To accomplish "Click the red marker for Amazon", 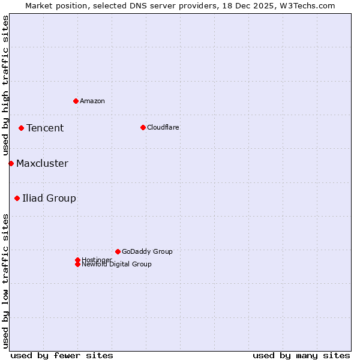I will [76, 101].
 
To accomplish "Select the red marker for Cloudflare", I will [143, 127].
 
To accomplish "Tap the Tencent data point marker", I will [21, 128].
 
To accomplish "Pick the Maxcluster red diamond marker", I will [11, 163].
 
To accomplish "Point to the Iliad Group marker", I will [17, 198].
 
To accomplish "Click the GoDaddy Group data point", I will [118, 251].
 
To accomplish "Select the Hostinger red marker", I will [77, 260].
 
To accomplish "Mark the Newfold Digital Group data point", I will [77, 264].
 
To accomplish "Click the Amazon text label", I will [92, 101].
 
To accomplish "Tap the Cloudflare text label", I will [163, 127].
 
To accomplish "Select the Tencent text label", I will [45, 128].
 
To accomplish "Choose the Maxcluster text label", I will [42, 163].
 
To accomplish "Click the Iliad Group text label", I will [49, 198].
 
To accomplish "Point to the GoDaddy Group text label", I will [147, 251].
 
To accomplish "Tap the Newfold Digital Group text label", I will [117, 264].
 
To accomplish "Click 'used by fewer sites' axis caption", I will [62, 355].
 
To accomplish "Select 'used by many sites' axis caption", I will [301, 355].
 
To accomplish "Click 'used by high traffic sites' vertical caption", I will [6, 86].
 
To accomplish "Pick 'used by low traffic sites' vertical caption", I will [6, 281].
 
